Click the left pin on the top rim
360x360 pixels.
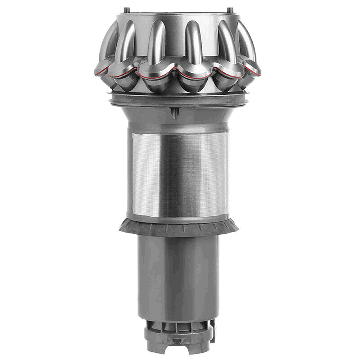pyautogui.click(x=126, y=10)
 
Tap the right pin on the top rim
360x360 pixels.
pyautogui.click(x=230, y=10)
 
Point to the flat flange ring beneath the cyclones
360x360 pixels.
pyautogui.click(x=178, y=99)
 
